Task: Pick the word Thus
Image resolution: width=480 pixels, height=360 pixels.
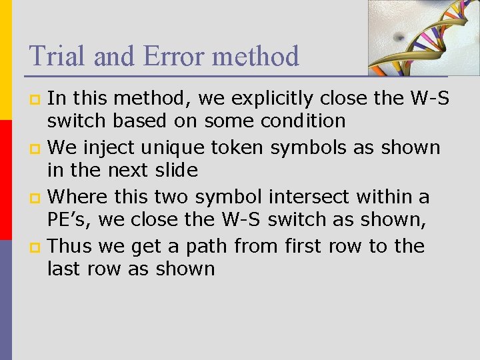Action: point(70,246)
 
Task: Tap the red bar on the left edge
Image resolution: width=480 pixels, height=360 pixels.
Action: point(5,180)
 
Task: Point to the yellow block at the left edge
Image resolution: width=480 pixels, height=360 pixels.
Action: point(5,60)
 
